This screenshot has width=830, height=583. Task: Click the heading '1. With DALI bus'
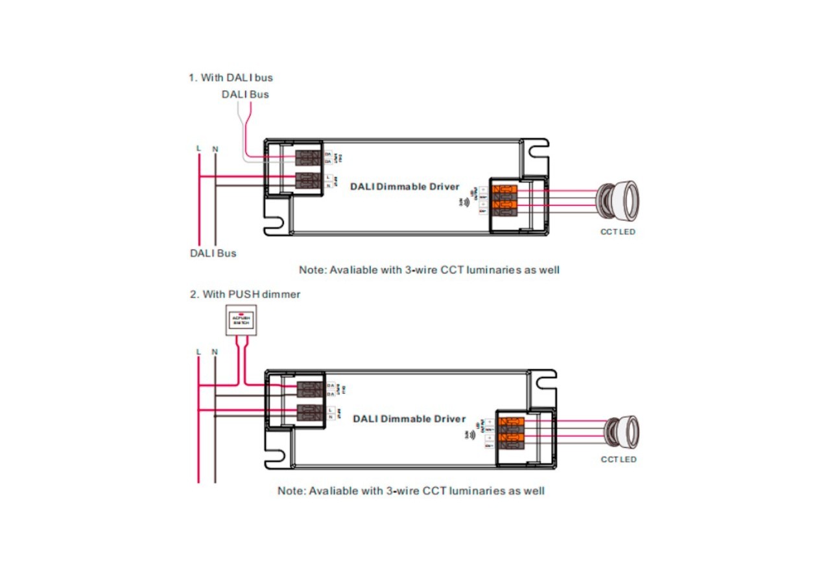pos(231,78)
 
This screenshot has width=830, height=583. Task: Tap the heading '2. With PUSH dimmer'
pos(245,294)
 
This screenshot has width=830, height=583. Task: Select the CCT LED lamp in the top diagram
pos(617,198)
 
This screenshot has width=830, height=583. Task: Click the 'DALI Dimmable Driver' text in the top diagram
pos(405,187)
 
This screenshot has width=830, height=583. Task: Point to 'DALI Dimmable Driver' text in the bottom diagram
pos(409,418)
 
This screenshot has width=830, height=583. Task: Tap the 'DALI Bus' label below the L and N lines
pos(213,253)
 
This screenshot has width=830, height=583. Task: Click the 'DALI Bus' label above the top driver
pos(244,94)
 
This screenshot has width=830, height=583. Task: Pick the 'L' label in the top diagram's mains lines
pos(199,148)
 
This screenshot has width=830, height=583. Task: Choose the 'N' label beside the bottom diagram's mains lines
pos(215,352)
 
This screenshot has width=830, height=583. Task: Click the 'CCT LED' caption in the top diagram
pos(617,232)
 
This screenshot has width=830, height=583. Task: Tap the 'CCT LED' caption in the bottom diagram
pos(619,459)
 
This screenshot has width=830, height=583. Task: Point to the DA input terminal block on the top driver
pos(309,157)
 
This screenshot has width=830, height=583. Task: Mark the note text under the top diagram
pos(429,269)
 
